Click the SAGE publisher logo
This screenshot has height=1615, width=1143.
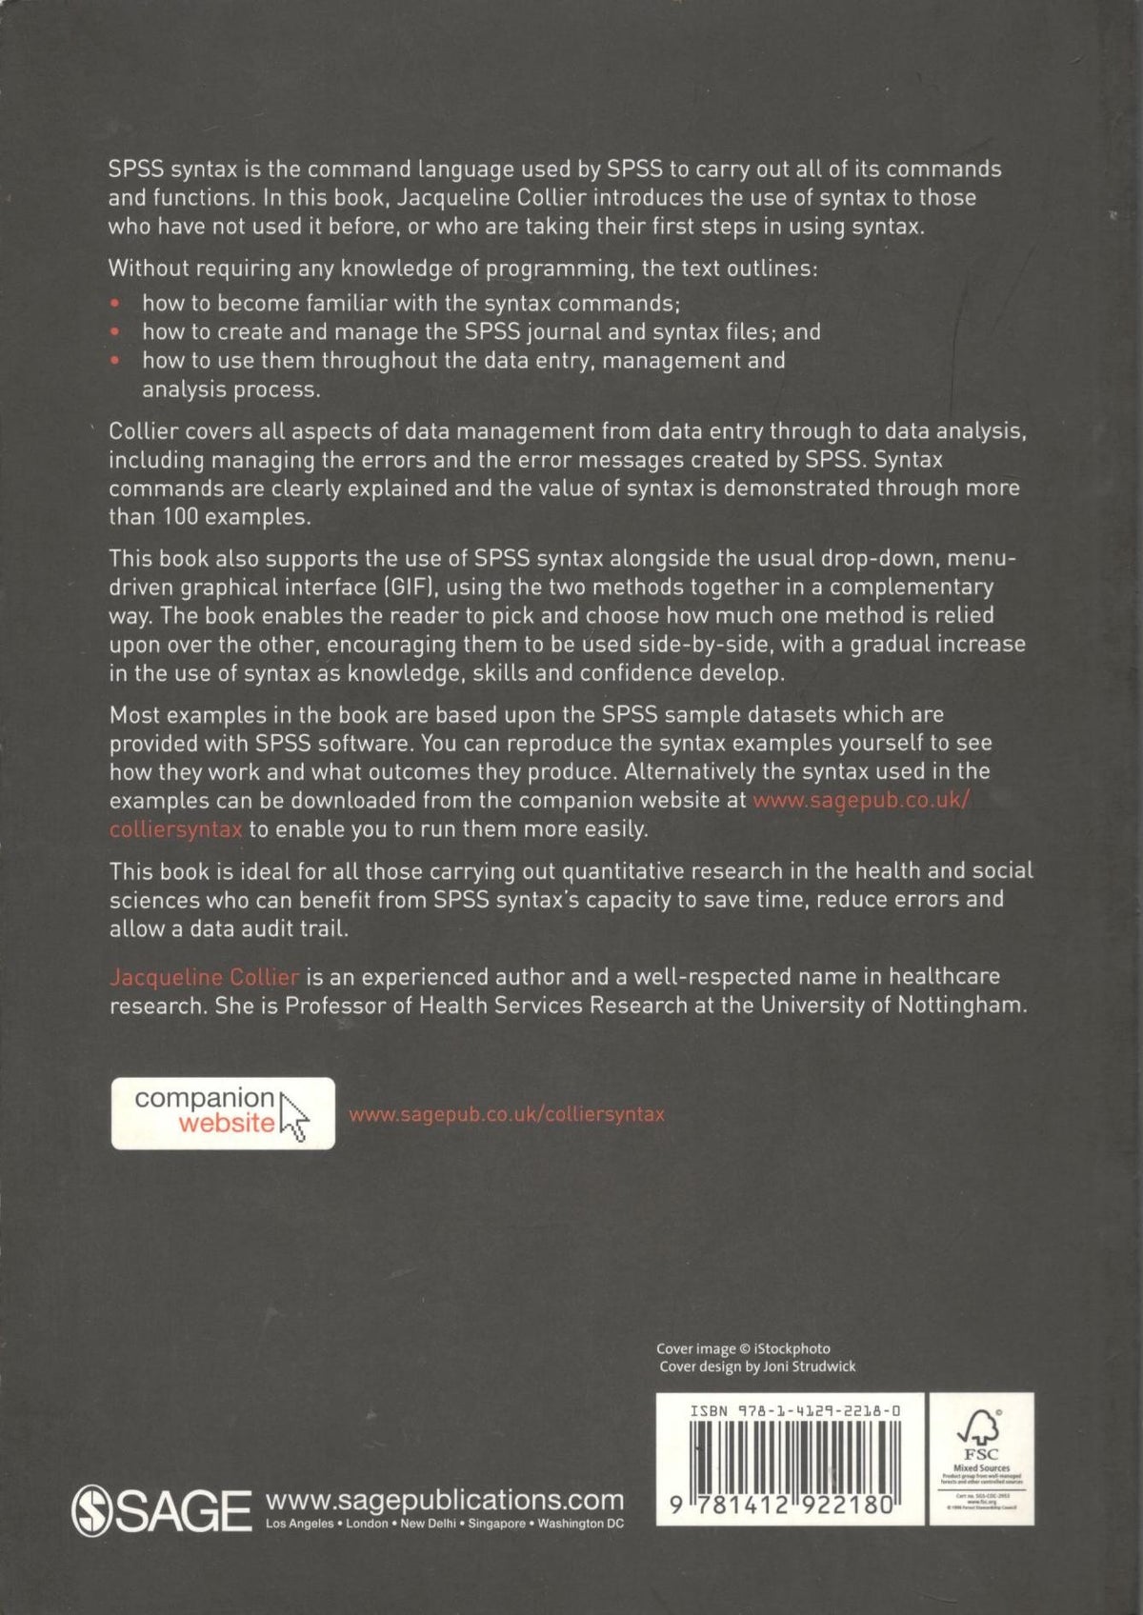(x=160, y=1510)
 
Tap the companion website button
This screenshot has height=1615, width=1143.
(x=223, y=1112)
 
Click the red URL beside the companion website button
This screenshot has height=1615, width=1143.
(x=507, y=1113)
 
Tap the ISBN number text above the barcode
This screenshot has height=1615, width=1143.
(x=794, y=1410)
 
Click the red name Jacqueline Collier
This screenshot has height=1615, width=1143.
(x=205, y=977)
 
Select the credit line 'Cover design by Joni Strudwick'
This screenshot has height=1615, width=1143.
(x=757, y=1366)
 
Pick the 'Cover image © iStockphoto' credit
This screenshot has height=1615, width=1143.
(x=743, y=1348)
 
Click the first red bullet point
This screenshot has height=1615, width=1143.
(x=116, y=304)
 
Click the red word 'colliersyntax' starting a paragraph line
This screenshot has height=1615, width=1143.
(x=176, y=829)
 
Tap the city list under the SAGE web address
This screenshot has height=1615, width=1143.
(x=445, y=1524)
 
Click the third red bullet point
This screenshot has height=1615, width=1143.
(x=116, y=361)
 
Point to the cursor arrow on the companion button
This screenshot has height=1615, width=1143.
(x=294, y=1117)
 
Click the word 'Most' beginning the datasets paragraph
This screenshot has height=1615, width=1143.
(x=134, y=714)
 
